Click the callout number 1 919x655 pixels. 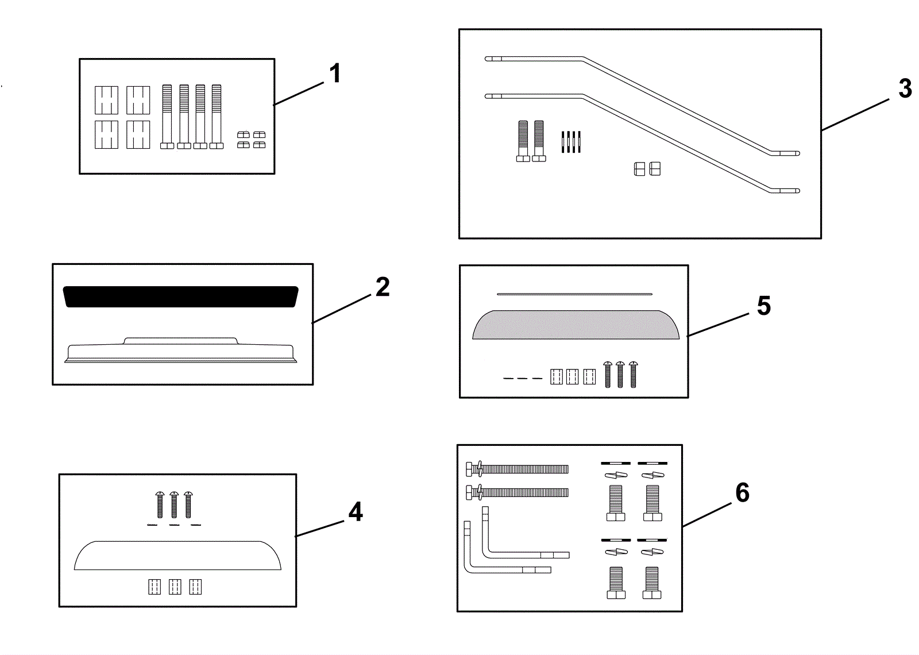[x=335, y=74]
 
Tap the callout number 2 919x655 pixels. [x=383, y=287]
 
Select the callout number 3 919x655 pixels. [x=905, y=88]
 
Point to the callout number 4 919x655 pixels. [x=356, y=512]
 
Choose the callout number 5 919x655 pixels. [x=763, y=306]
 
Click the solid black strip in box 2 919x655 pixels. [x=180, y=296]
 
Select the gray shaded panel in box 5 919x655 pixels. [x=576, y=325]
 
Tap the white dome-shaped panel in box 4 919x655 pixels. [x=177, y=555]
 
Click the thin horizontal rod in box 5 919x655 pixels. [x=574, y=294]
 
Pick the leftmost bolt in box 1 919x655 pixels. [x=167, y=117]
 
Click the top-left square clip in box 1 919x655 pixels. [x=106, y=100]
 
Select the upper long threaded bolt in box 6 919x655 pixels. [x=517, y=469]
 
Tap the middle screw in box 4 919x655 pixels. [x=174, y=504]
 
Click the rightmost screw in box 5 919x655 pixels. [x=634, y=374]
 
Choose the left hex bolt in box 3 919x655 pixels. [x=523, y=141]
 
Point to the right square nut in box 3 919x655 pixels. [x=655, y=169]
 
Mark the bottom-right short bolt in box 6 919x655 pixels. [x=652, y=583]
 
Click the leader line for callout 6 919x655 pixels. [x=706, y=515]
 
